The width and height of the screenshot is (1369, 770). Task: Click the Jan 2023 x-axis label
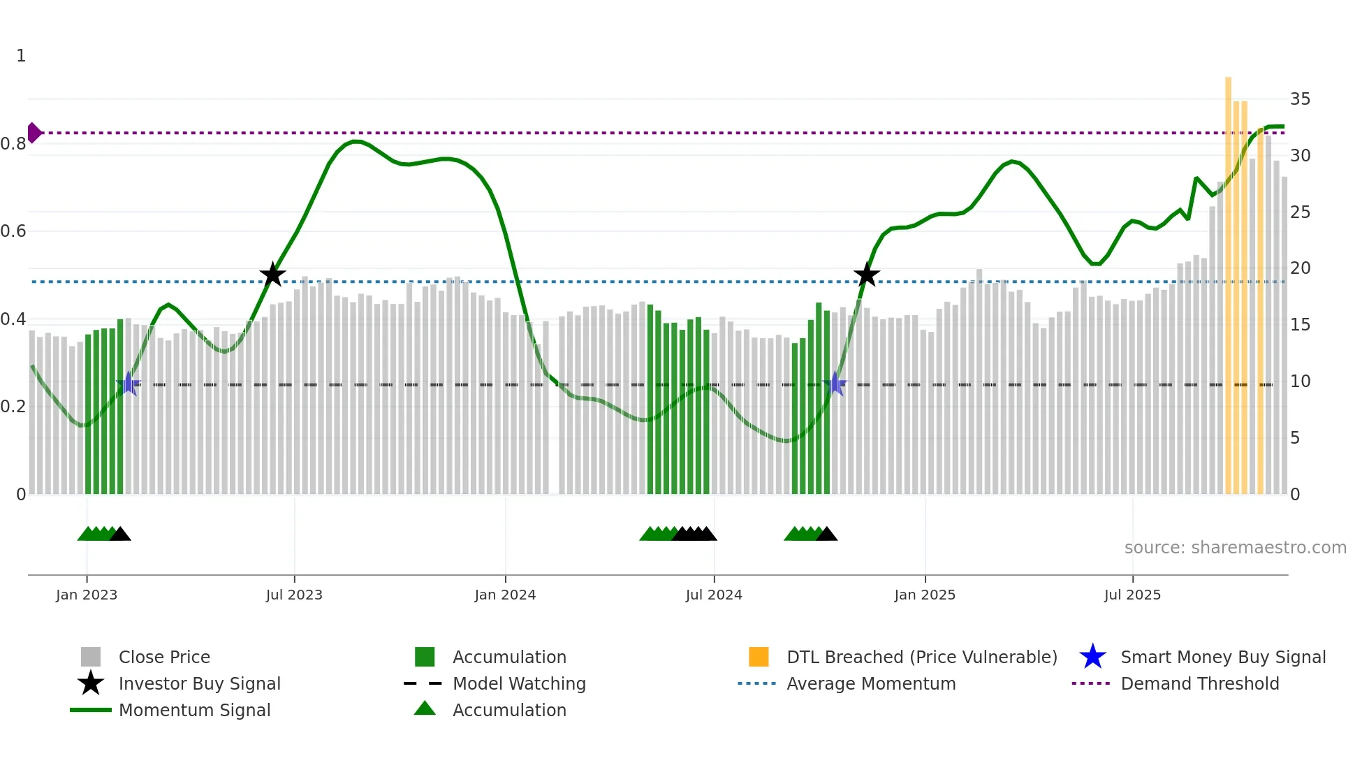pos(87,595)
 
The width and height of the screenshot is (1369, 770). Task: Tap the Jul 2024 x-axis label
pos(714,595)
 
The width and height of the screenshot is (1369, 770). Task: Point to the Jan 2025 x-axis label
pos(925,595)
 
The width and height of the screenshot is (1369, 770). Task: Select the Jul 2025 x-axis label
pos(1132,595)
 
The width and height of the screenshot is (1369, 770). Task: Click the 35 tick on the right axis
pos(1300,99)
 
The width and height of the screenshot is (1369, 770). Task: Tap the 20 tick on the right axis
pos(1300,268)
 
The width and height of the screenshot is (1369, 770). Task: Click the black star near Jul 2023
pos(272,275)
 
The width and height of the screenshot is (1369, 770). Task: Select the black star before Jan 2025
pos(866,275)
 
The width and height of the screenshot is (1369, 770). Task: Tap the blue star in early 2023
pos(128,384)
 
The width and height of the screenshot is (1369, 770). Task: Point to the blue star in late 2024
pos(835,384)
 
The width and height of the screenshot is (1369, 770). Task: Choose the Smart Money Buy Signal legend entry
pos(1222,657)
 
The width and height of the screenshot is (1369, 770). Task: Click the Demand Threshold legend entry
pos(1199,683)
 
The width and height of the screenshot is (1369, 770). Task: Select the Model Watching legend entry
pos(518,683)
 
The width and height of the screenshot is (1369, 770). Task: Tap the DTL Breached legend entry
pos(921,657)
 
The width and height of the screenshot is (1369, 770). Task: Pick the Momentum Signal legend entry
pos(194,710)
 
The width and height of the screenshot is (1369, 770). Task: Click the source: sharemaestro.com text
pos(1235,548)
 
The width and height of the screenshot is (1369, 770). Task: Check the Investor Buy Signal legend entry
pos(199,683)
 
